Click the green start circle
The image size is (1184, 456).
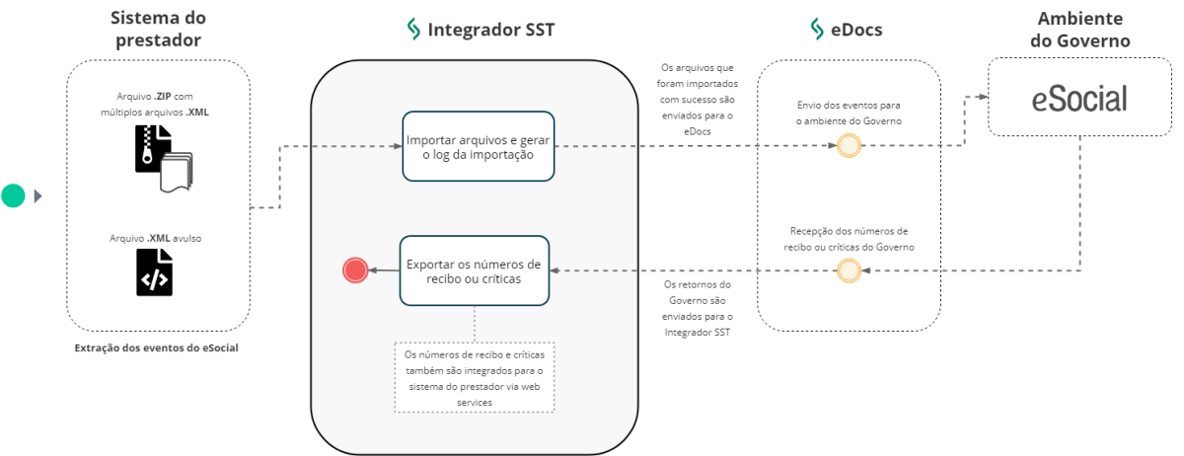(x=13, y=195)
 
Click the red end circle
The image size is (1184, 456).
(x=354, y=269)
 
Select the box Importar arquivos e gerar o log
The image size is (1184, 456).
(x=477, y=146)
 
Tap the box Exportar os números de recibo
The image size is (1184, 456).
(x=474, y=270)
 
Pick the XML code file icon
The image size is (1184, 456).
(x=154, y=272)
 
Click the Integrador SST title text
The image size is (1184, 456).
(x=490, y=30)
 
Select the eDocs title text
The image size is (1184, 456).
(x=855, y=30)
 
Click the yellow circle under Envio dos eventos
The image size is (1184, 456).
(x=848, y=146)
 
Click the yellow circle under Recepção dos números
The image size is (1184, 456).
(x=848, y=270)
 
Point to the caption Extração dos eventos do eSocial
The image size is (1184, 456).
(x=156, y=347)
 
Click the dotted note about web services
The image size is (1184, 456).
(x=475, y=377)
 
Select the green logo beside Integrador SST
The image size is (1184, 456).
(x=413, y=30)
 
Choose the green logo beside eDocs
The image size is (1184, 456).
(x=816, y=30)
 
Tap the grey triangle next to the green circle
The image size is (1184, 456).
(x=38, y=195)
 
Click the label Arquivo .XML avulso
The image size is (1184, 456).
(x=157, y=238)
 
